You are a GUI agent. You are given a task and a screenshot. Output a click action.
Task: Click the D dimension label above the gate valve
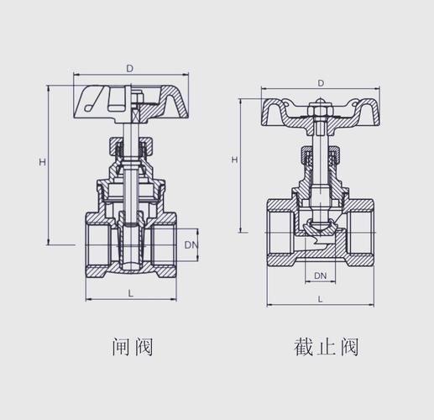[129, 69]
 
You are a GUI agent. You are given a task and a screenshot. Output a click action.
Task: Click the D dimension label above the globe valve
[321, 83]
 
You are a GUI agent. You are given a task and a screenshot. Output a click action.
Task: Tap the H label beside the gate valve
[42, 162]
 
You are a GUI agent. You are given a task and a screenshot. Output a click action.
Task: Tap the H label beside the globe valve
[234, 160]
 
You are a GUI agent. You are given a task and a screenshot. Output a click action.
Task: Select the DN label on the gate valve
[191, 245]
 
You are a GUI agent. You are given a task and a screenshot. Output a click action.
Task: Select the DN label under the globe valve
[321, 276]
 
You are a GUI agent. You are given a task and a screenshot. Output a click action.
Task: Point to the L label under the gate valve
[130, 293]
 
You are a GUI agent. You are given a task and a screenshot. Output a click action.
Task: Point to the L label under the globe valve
[321, 299]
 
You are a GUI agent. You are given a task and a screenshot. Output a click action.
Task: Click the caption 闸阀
[132, 347]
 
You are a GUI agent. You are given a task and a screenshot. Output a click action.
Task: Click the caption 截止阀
[326, 347]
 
